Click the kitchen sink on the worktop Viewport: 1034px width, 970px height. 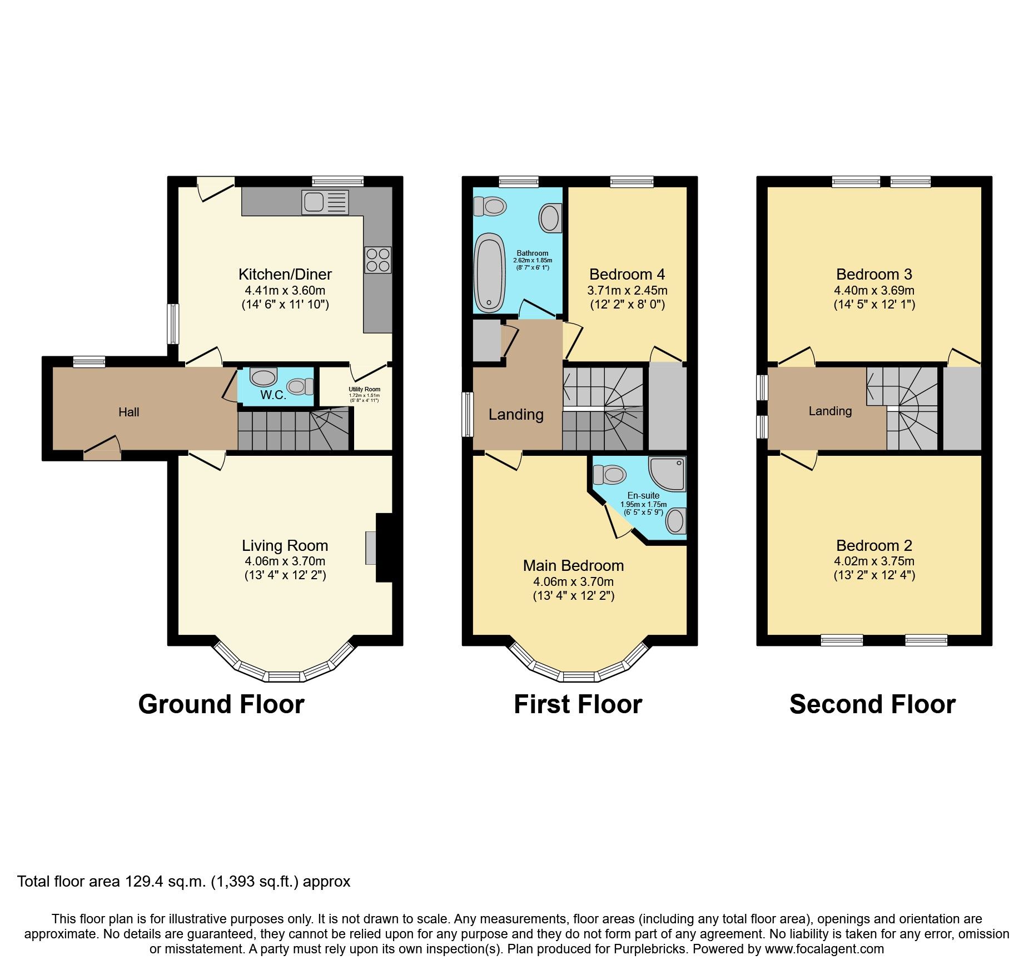tap(325, 202)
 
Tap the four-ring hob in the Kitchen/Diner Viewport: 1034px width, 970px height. tap(378, 260)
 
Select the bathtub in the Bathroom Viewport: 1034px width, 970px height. tap(490, 272)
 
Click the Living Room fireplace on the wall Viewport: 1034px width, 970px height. tap(384, 548)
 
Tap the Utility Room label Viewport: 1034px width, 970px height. tap(364, 389)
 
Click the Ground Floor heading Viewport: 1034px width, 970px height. tap(221, 704)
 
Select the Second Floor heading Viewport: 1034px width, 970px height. tap(872, 704)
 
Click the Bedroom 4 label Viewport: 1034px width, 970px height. tap(627, 274)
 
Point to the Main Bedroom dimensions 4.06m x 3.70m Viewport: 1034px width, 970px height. tap(573, 581)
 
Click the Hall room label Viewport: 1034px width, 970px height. tap(128, 412)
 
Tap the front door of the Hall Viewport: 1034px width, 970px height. tap(102, 447)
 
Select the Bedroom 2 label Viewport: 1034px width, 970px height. tap(874, 545)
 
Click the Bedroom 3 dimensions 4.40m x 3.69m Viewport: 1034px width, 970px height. tap(874, 290)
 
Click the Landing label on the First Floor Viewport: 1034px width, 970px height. tap(516, 414)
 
